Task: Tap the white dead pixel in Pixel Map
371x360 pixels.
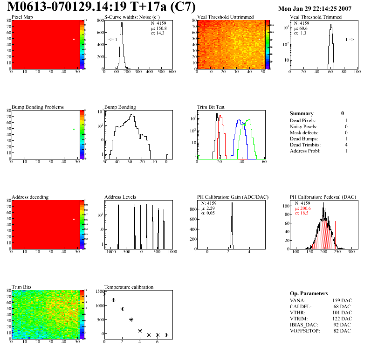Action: [74, 39]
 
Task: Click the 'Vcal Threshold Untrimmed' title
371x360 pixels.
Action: [225, 17]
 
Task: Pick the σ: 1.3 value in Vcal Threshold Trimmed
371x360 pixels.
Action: [300, 33]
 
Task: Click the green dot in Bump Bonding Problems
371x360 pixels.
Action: [74, 129]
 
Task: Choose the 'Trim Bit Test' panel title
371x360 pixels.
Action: [211, 107]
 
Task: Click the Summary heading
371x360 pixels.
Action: [302, 113]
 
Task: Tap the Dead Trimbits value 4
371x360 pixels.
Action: [346, 145]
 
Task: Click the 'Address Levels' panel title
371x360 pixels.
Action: [120, 197]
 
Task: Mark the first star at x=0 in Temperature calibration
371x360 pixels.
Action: [104, 294]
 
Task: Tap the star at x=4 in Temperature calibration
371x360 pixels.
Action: [140, 331]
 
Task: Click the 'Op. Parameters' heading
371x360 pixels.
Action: [309, 293]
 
